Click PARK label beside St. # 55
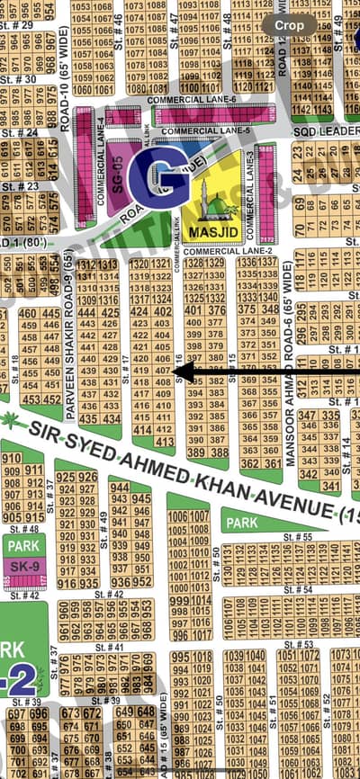(x=241, y=523)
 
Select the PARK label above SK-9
(x=22, y=545)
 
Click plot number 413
(x=163, y=442)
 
